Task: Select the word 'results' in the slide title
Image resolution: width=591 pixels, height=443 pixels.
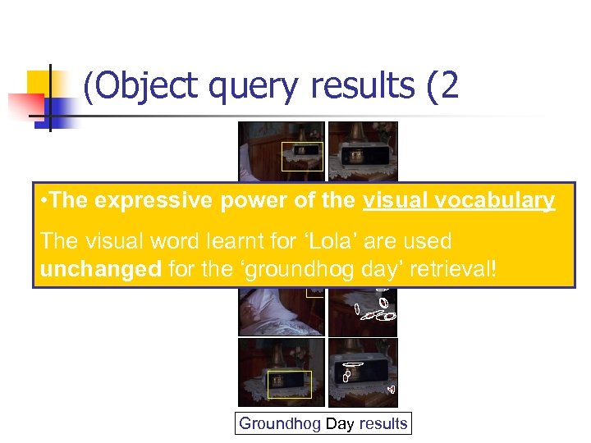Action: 361,85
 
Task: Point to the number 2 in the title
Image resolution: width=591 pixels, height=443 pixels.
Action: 447,85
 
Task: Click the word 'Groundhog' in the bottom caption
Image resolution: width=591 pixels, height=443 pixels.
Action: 279,423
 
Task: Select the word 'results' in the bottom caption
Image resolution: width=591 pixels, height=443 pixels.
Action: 382,423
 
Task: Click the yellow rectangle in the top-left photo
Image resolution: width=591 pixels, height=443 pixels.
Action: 302,156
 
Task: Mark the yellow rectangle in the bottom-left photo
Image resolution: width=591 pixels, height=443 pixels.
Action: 289,384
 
